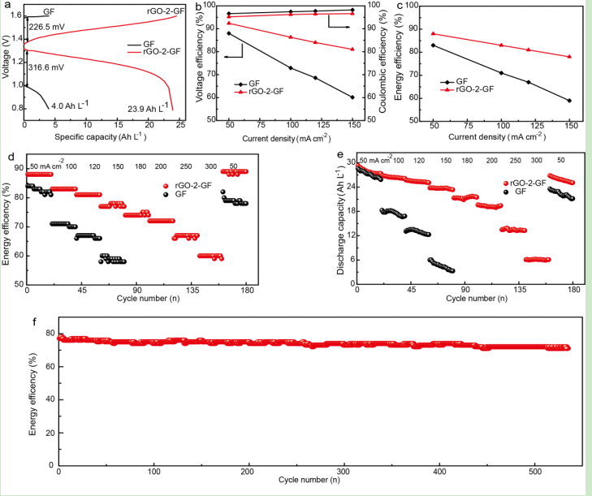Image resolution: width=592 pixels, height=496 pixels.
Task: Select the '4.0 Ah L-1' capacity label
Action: [x=71, y=105]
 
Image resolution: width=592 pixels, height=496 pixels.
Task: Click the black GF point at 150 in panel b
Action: [x=352, y=97]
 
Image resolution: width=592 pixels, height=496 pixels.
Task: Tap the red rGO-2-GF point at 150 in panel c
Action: [x=569, y=57]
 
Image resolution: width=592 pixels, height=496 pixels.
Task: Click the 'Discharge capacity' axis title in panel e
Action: [x=342, y=221]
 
